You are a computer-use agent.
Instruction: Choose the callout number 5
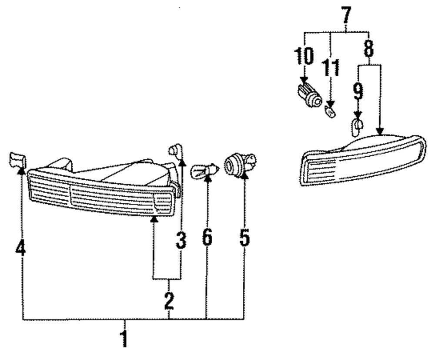click(x=244, y=238)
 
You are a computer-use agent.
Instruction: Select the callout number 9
click(x=357, y=91)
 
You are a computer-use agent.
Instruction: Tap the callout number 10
click(x=303, y=56)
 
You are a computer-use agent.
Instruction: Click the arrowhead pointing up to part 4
click(x=20, y=170)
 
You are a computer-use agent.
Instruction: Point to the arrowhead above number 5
click(x=244, y=176)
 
